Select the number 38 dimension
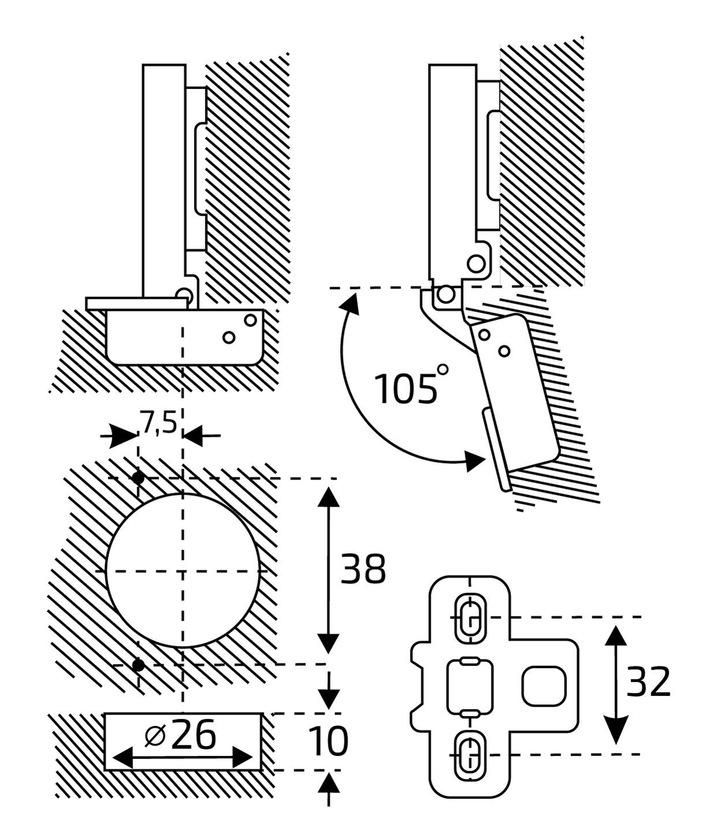click(x=363, y=569)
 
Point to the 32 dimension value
click(x=648, y=682)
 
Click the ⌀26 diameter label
click(x=180, y=735)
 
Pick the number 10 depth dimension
click(x=327, y=742)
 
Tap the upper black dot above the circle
click(x=138, y=478)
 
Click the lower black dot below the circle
click(x=138, y=665)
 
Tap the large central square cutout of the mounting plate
click(x=470, y=687)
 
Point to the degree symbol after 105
click(x=443, y=369)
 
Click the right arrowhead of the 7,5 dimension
click(x=192, y=436)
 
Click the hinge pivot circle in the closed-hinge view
click(x=184, y=295)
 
